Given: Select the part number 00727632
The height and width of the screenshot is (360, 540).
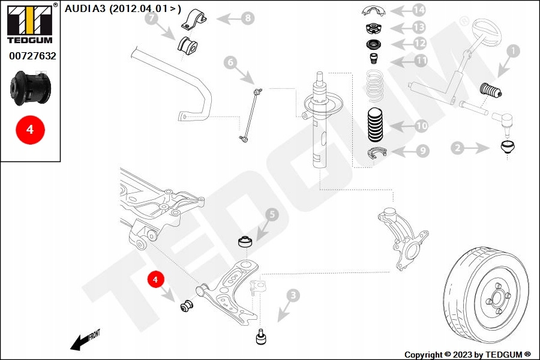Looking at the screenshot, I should (32, 56).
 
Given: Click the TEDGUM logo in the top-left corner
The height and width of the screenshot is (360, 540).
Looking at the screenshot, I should (29, 24).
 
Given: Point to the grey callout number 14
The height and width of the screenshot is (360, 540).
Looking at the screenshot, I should (418, 10).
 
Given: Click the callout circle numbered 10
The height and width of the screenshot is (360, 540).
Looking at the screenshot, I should (421, 126).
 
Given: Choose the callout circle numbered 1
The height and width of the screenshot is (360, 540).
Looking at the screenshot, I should (512, 52).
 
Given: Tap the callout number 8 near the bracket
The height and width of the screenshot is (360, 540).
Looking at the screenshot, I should (248, 19).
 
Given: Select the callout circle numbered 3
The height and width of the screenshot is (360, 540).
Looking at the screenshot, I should (293, 295).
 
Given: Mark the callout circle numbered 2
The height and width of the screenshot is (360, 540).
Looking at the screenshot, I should (458, 147).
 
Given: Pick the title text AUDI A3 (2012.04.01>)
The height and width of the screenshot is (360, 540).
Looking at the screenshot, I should (123, 8).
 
